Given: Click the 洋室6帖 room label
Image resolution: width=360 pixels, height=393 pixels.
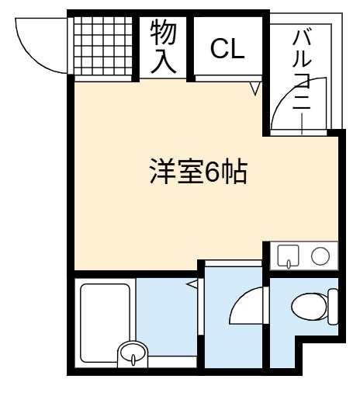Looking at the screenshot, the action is coord(199,172).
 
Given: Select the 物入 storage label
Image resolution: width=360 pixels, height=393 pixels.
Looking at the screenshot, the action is coord(163,47).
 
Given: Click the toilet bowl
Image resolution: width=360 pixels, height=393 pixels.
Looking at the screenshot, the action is coord(309,307).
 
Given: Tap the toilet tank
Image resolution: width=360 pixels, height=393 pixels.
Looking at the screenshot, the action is coord(333,307).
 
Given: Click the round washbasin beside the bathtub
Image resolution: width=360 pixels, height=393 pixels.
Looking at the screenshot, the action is coord(133,352).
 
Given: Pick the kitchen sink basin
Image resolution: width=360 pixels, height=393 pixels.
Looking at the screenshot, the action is coord(288,256).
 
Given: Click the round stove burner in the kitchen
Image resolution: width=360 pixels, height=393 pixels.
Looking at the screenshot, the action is coord(320,256).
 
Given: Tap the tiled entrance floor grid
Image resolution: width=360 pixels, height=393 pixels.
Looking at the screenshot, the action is coord(103,46).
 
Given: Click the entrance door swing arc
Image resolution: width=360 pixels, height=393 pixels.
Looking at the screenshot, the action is coord(29,57).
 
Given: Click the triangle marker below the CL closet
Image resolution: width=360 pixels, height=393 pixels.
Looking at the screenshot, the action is coord(255,89).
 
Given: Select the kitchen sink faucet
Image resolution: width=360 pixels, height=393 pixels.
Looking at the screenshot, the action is coord(289,264).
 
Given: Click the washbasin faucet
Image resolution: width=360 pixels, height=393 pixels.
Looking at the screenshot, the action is coord(133,360).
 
